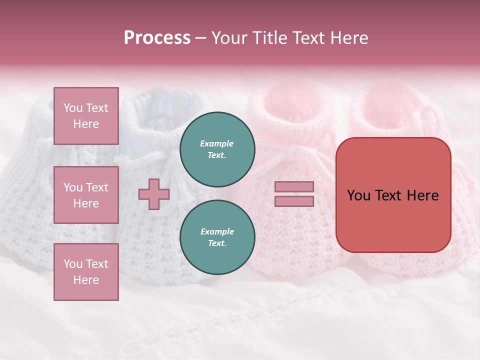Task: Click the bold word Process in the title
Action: (x=157, y=38)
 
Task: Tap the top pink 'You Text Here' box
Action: (x=86, y=116)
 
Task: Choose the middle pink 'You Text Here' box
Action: (x=86, y=195)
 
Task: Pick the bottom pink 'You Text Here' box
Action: (x=86, y=272)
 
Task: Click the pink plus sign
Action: (x=154, y=194)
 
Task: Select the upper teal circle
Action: (x=217, y=149)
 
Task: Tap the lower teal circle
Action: (x=217, y=237)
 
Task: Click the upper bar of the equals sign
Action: (x=294, y=187)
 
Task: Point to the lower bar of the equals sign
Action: (x=294, y=201)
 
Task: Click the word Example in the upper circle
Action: (x=217, y=143)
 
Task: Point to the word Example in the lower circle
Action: (x=217, y=231)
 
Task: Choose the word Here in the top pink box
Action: (x=86, y=124)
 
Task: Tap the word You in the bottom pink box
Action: (x=72, y=264)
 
